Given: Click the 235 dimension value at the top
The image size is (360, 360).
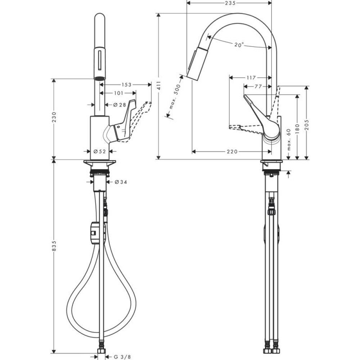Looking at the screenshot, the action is point(230,3).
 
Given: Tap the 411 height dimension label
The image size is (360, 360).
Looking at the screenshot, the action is point(159,86).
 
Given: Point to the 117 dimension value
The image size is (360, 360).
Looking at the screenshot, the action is point(251,78).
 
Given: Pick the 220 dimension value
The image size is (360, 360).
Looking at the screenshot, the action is point(232,152).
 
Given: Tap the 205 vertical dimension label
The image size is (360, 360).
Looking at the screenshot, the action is point(307,125).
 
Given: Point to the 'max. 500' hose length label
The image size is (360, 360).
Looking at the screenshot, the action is point(175,96).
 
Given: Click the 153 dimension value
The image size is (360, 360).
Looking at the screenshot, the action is point(126,85).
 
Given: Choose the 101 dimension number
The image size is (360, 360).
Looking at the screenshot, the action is point(118,93).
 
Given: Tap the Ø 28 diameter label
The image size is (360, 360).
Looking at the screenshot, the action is point(120,105).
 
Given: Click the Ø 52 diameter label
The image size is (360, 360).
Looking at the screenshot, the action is point(100,151).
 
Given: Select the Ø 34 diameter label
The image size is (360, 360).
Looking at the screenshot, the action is point(121,182).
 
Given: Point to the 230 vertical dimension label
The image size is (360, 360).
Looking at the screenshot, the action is point(54,117).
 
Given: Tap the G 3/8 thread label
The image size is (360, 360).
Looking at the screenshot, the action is point(122,357).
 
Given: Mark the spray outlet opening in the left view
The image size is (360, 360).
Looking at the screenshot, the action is point(100,78).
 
